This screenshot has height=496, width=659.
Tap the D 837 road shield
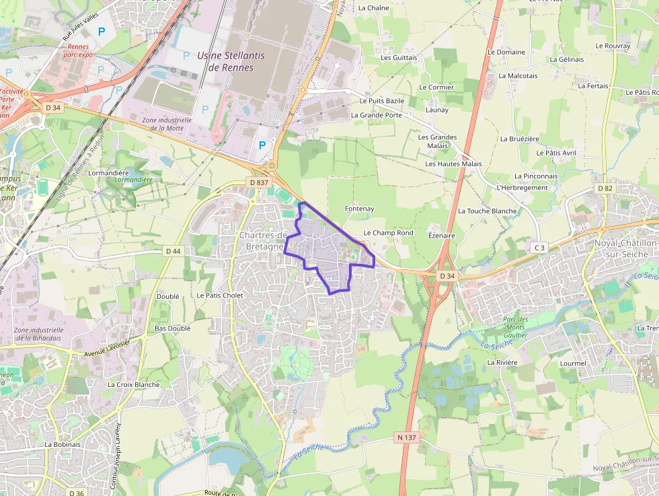(258, 182)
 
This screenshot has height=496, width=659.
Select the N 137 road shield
(407, 437)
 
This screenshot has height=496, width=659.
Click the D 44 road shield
(173, 251)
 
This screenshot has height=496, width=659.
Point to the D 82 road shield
(606, 188)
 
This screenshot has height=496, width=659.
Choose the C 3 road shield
(539, 248)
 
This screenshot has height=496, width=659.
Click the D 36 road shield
(76, 493)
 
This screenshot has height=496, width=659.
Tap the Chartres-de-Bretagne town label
(264, 240)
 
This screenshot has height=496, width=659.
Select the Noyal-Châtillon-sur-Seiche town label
(621, 248)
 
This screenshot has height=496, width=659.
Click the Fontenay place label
(359, 209)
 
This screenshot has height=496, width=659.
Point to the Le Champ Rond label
(388, 233)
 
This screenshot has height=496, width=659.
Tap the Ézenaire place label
(442, 236)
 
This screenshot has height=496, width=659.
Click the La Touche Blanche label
(488, 211)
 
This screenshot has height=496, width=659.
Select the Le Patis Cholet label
(220, 295)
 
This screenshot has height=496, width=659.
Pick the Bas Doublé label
(173, 328)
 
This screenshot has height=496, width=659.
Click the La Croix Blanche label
(134, 384)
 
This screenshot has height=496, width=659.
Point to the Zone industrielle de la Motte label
(167, 124)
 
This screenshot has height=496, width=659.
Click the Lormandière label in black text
(109, 173)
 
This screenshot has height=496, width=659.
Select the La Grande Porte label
(377, 115)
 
